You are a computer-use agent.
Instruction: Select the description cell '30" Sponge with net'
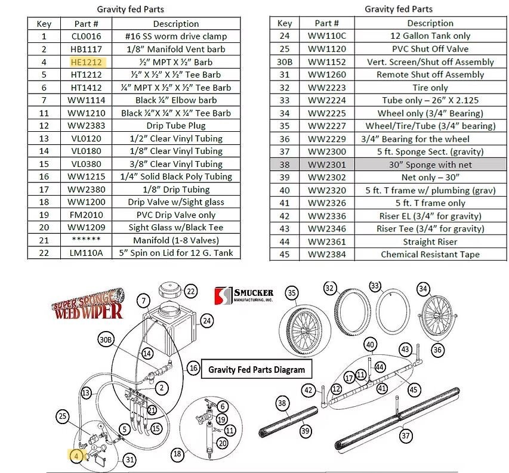(x=430, y=164)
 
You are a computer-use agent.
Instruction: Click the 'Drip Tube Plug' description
(x=175, y=126)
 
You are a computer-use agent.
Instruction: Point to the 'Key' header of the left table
(x=44, y=24)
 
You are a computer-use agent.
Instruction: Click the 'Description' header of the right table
(x=430, y=23)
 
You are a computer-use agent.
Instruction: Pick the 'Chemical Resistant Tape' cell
(x=430, y=255)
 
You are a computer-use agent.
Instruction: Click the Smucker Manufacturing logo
(x=243, y=295)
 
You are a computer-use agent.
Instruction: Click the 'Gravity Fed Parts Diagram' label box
(x=257, y=369)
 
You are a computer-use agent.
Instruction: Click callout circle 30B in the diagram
(x=106, y=340)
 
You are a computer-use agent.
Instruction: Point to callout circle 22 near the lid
(x=190, y=292)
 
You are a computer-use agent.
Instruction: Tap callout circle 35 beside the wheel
(x=292, y=293)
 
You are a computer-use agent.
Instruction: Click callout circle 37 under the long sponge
(x=405, y=436)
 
